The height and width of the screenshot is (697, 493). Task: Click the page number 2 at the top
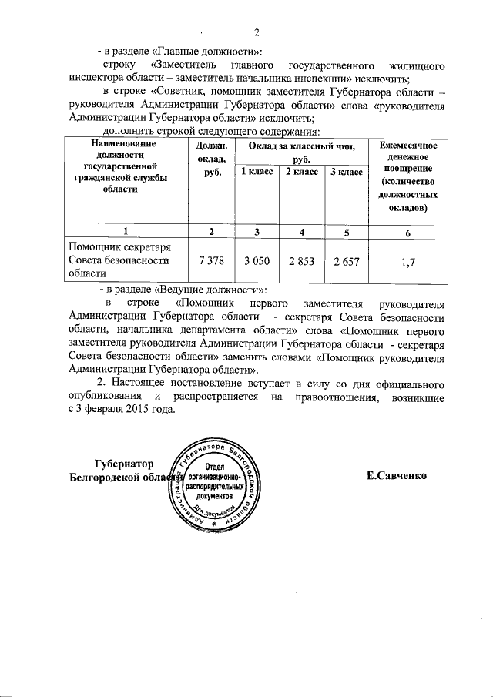pyautogui.click(x=257, y=32)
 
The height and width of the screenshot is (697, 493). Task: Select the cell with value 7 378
pyautogui.click(x=211, y=262)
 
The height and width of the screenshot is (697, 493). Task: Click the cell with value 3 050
pyautogui.click(x=257, y=262)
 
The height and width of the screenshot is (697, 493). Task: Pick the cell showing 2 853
pyautogui.click(x=302, y=262)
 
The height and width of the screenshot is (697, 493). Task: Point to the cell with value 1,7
pyautogui.click(x=408, y=263)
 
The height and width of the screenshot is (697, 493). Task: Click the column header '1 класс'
pyautogui.click(x=257, y=172)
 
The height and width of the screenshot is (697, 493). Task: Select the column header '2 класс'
pyautogui.click(x=302, y=172)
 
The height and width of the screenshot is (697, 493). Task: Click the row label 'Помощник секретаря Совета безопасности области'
pyautogui.click(x=126, y=260)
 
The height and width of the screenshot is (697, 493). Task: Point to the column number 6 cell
pyautogui.click(x=408, y=232)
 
